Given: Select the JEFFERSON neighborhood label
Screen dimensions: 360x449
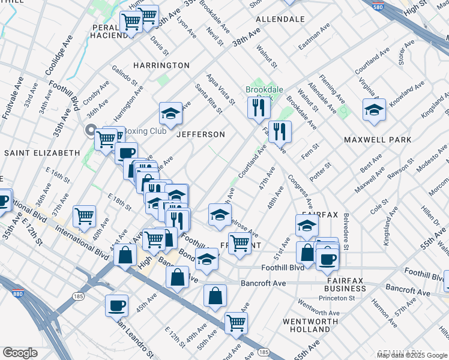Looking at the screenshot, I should (200, 134).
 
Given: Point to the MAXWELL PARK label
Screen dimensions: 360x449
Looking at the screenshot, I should (378, 140).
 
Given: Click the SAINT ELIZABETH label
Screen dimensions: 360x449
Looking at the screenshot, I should (42, 153).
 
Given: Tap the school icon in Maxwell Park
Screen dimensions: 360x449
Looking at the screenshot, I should (374, 110).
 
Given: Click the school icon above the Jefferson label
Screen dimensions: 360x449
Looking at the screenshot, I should (170, 113).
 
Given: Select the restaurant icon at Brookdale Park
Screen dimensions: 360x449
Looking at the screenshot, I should (259, 108).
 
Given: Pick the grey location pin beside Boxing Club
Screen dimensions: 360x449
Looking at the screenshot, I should (91, 131).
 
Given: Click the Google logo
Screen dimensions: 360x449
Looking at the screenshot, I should (20, 353).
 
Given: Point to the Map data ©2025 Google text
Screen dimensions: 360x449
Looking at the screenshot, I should (412, 355).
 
